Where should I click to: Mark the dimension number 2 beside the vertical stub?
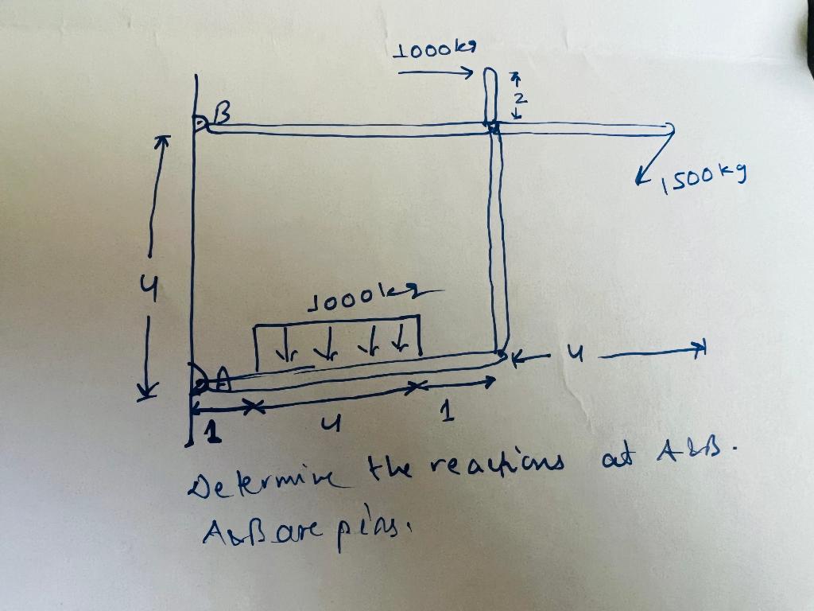pyautogui.click(x=517, y=97)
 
